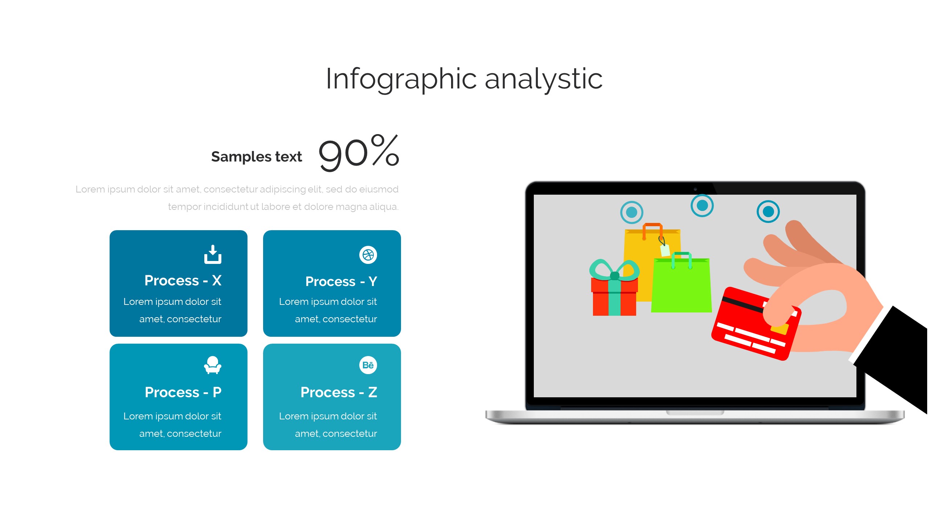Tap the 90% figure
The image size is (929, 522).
pos(359,152)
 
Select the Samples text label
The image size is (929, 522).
pos(257,157)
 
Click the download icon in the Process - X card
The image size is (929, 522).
pos(213,254)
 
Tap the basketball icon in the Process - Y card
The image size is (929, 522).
pos(368,255)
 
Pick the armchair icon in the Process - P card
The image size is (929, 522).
pos(213,365)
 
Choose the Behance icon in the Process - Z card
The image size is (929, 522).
pos(368,365)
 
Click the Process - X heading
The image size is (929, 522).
pos(183,281)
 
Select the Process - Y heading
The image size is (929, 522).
pos(341,281)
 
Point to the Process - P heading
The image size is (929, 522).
pos(183,392)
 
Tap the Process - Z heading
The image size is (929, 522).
pos(339,392)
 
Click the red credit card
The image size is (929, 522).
pos(755,324)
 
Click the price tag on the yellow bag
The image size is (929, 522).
pos(664,249)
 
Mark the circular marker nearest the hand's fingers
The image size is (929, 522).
pos(768,211)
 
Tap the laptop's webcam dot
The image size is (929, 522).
pos(695,189)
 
